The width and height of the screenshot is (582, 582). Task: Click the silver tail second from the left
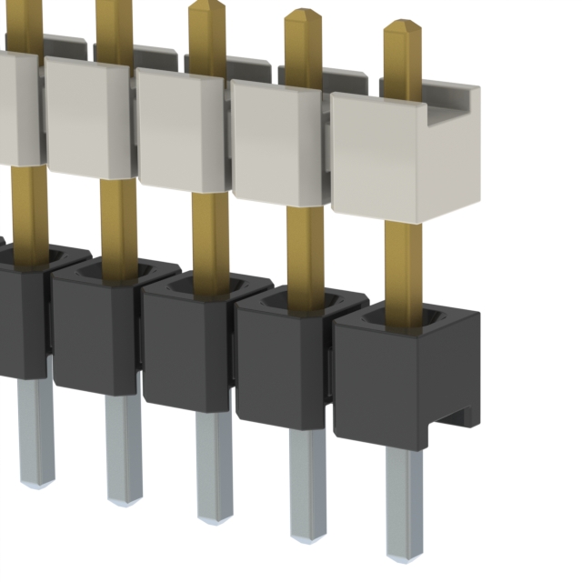(x=123, y=450)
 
